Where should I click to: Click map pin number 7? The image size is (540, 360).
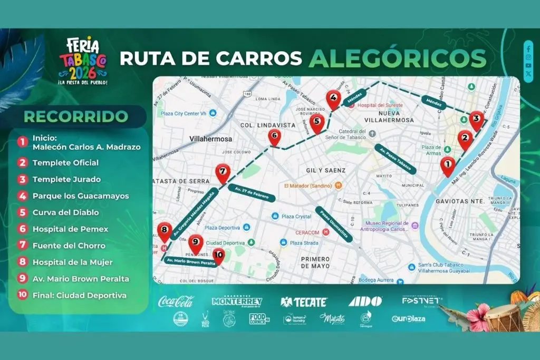point(223,172)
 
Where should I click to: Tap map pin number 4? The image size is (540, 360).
point(333,98)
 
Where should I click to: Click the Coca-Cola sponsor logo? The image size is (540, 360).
point(176,302)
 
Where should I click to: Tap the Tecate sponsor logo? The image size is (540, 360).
point(304,302)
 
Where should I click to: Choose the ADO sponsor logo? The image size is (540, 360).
point(365,301)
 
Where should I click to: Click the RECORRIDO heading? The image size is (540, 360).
point(76,116)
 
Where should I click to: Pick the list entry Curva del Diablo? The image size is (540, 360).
point(65,212)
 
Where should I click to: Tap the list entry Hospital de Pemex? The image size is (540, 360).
point(70,229)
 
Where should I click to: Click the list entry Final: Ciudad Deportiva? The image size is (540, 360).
point(79,295)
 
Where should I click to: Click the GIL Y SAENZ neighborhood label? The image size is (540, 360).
point(326,170)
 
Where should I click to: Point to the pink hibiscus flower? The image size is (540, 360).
point(478,317)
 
